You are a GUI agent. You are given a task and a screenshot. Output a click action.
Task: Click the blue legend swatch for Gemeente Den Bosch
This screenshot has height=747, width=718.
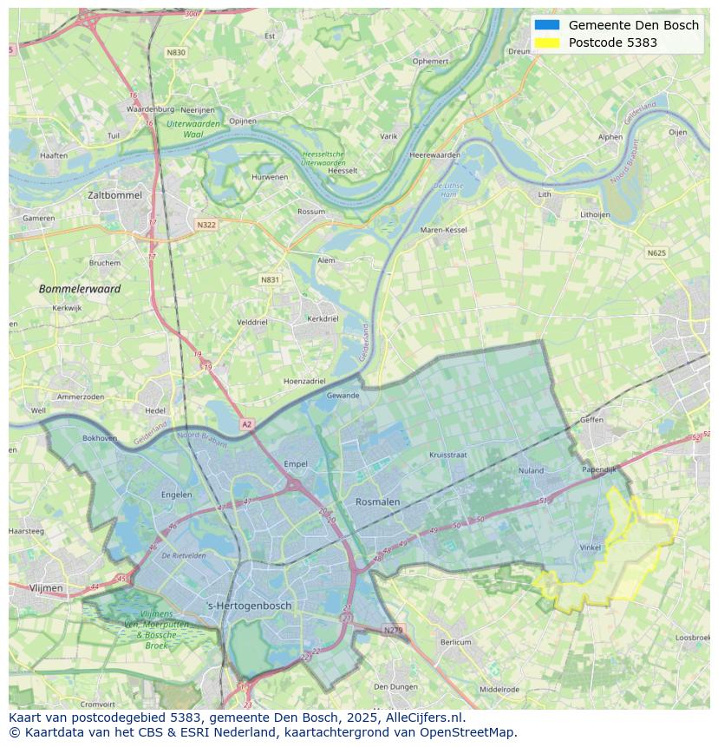pos(547,25)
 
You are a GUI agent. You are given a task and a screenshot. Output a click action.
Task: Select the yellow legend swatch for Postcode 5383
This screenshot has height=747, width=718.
pos(547,43)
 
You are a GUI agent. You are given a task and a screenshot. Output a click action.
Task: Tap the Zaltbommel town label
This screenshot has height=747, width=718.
pos(114,195)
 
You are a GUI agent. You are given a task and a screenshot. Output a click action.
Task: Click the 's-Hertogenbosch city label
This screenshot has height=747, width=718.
pos(249,605)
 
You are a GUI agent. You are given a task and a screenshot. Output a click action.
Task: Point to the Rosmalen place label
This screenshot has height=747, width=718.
pos(377,501)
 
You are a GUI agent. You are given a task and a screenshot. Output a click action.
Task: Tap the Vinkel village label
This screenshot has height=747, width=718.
pos(590,547)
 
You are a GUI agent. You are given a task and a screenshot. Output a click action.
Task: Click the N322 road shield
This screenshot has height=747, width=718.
pos(206,225)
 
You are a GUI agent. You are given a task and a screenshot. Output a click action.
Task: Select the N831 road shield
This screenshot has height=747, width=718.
pos(271,279)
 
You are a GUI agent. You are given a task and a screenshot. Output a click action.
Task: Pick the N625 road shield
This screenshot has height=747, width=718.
pos(656,253)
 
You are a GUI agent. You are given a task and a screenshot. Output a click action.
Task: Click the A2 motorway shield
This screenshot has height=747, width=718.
pos(246,424)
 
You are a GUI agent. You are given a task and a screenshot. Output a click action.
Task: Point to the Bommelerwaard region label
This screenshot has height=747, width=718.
pos(80,288)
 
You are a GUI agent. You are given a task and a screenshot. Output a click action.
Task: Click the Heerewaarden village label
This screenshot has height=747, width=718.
pos(434,154)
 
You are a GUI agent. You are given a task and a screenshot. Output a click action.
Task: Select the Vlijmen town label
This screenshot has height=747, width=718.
pos(46,587)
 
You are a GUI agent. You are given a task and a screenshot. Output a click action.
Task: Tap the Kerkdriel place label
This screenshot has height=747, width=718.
pos(323,318)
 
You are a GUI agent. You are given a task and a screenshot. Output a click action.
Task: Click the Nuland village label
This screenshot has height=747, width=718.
pos(530,471)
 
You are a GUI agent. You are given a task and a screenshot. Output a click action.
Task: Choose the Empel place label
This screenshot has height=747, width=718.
pos(296,464)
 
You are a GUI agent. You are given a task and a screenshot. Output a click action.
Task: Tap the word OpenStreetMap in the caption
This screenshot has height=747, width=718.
pos(469,732)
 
